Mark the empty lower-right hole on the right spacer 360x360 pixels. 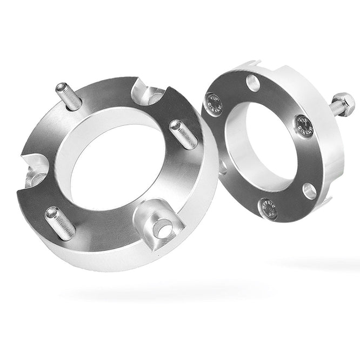tap(309, 190)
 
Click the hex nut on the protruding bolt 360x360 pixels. tap(343, 101)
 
